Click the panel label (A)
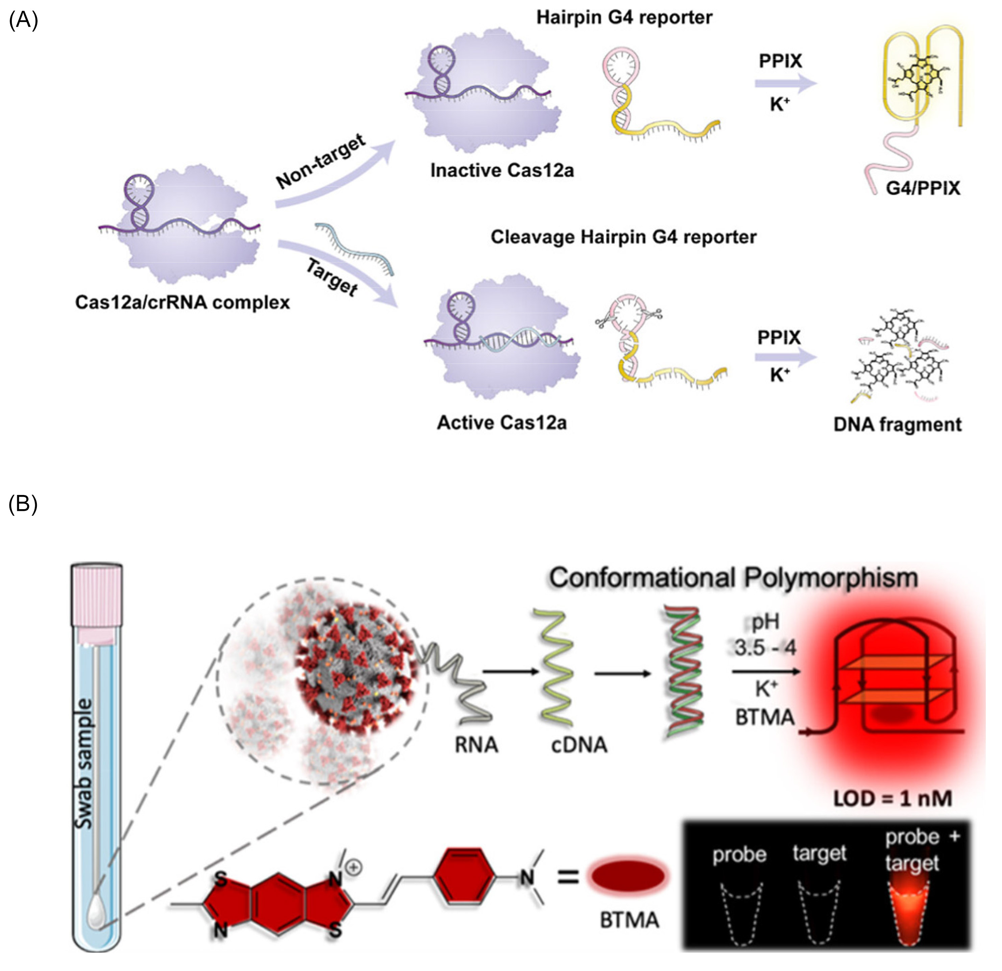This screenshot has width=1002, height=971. coord(23,21)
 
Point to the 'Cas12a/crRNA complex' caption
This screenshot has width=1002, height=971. coord(182,302)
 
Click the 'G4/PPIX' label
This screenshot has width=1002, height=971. coord(923,188)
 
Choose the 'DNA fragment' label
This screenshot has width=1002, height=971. coord(897,424)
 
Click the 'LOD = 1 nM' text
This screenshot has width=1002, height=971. coord(892,798)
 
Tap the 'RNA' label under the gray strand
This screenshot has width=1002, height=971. coord(476,745)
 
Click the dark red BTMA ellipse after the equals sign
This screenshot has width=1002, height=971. coord(628,876)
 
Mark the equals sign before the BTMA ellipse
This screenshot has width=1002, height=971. coord(567,877)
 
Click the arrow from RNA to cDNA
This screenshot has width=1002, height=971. coord(510,671)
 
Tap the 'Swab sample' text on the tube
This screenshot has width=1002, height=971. coord(84,764)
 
